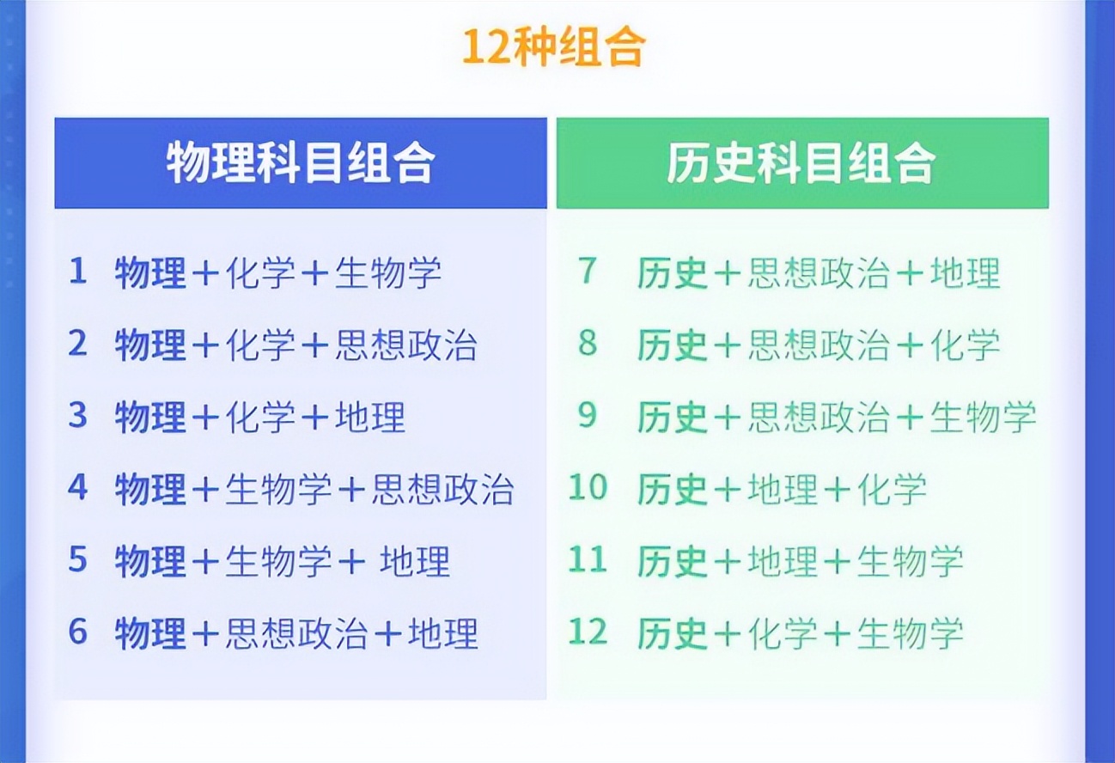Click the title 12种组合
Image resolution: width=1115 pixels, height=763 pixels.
[x=554, y=47]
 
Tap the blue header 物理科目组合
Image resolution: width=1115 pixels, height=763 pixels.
[x=301, y=163]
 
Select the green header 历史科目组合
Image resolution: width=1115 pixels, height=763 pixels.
[x=801, y=163]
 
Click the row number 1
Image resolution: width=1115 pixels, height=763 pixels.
[x=78, y=272]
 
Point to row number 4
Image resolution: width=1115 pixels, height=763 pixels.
[x=78, y=489]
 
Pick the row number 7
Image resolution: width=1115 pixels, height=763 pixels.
[x=588, y=272]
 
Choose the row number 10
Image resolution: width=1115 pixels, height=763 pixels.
[x=588, y=489]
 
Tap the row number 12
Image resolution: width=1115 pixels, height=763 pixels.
[x=588, y=633]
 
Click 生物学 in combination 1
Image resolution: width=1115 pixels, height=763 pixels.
[x=387, y=273]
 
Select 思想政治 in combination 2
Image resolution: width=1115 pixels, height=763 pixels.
[x=405, y=345]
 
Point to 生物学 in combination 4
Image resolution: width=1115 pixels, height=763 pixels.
[x=278, y=490]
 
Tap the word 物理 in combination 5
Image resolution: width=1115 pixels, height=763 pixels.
[x=150, y=562]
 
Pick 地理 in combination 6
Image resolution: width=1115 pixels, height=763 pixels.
[x=442, y=634]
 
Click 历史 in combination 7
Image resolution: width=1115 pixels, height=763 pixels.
[x=673, y=273]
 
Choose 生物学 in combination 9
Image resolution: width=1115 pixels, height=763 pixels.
[x=983, y=418]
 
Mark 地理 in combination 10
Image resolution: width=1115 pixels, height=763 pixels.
[x=783, y=490]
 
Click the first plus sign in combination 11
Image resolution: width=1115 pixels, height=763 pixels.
[x=728, y=563]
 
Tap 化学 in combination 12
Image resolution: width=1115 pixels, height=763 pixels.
[x=783, y=634]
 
